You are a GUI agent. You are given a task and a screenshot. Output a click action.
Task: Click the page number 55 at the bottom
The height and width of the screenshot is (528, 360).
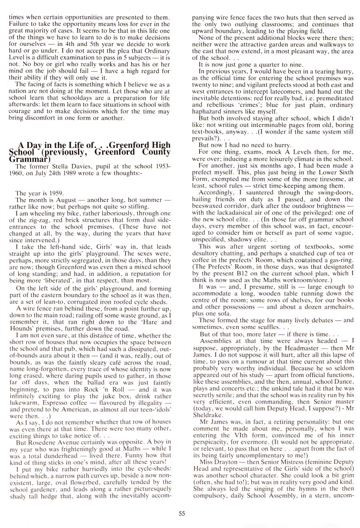point(182,500)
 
